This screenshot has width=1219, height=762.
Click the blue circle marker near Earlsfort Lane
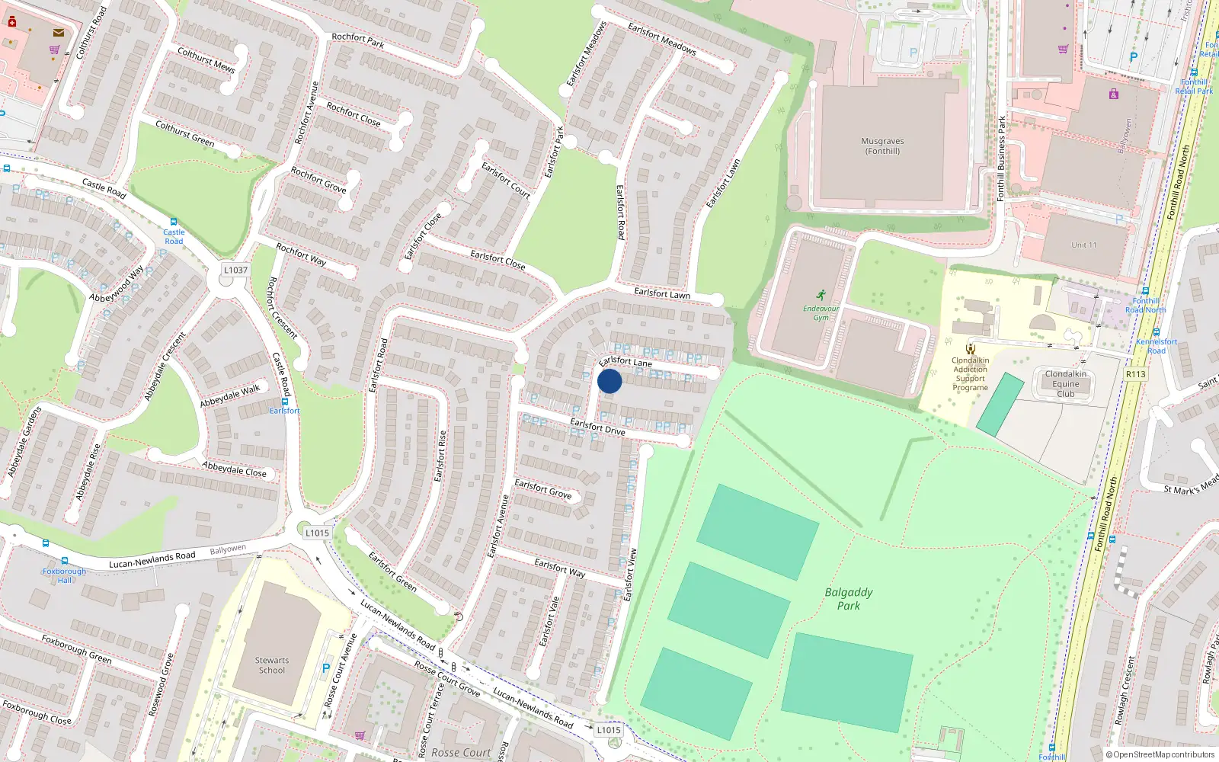tap(609, 381)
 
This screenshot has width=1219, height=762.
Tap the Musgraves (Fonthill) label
tap(882, 146)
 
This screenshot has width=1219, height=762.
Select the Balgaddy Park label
tap(849, 599)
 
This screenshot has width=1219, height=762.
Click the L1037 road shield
tap(235, 270)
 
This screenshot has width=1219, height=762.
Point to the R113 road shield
tap(1135, 374)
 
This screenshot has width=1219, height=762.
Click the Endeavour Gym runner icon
tap(821, 295)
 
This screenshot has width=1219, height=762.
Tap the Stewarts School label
tap(272, 665)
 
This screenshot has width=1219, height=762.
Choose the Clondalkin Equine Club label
tap(1066, 384)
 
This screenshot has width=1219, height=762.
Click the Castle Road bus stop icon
tap(174, 222)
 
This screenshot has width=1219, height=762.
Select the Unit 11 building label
tap(1083, 245)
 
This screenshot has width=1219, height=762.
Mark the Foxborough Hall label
tap(65, 575)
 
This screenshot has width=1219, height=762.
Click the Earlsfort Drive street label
tap(597, 427)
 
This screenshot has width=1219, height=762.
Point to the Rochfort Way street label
tap(301, 255)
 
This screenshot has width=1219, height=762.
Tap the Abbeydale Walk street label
tap(230, 395)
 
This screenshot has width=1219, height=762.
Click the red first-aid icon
tap(12, 22)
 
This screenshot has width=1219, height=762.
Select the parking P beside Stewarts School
tap(326, 668)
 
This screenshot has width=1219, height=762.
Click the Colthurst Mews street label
tap(206, 60)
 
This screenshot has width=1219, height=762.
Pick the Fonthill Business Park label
tap(1001, 158)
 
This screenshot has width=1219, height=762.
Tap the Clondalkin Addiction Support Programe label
tap(971, 374)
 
